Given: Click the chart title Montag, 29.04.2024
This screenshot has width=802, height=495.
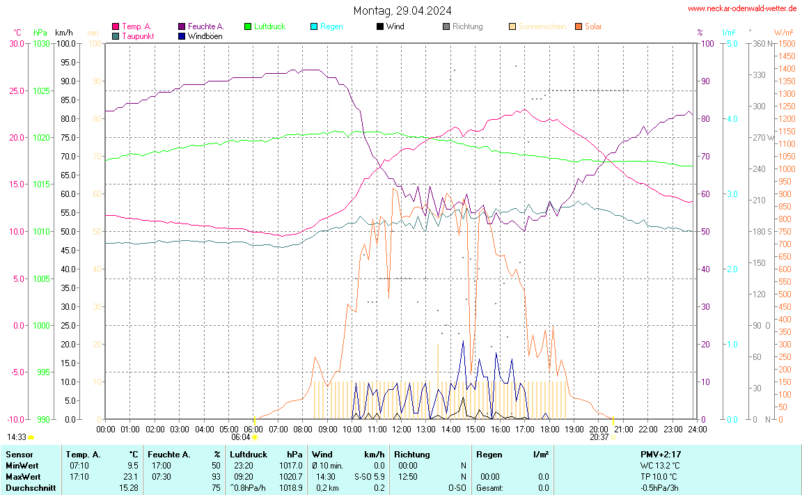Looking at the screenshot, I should pyautogui.click(x=402, y=10).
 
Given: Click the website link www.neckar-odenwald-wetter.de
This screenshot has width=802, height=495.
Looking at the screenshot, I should pyautogui.click(x=742, y=8).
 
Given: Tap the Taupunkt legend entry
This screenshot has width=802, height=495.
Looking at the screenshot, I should pyautogui.click(x=138, y=36).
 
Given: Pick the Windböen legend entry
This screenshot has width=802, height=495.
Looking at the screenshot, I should pyautogui.click(x=205, y=36).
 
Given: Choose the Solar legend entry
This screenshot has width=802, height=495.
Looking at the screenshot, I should pyautogui.click(x=593, y=26).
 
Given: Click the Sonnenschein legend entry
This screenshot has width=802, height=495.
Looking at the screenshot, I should pyautogui.click(x=542, y=26).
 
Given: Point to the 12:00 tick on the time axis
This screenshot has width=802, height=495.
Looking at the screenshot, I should pyautogui.click(x=401, y=429).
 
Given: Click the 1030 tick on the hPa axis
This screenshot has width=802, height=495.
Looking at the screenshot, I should pyautogui.click(x=41, y=43).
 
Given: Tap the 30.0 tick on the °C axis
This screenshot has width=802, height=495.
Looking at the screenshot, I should pyautogui.click(x=16, y=43).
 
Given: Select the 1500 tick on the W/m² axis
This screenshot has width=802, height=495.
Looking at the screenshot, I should pyautogui.click(x=787, y=43).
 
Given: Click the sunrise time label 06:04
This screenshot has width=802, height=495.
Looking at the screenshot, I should pyautogui.click(x=240, y=437).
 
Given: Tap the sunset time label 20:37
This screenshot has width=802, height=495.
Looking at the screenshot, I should pyautogui.click(x=599, y=437).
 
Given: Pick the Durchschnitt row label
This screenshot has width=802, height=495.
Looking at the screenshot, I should pyautogui.click(x=29, y=488).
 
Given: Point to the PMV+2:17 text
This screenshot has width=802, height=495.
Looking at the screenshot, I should pyautogui.click(x=660, y=454).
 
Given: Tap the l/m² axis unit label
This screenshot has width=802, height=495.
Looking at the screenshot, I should pyautogui.click(x=729, y=32).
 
